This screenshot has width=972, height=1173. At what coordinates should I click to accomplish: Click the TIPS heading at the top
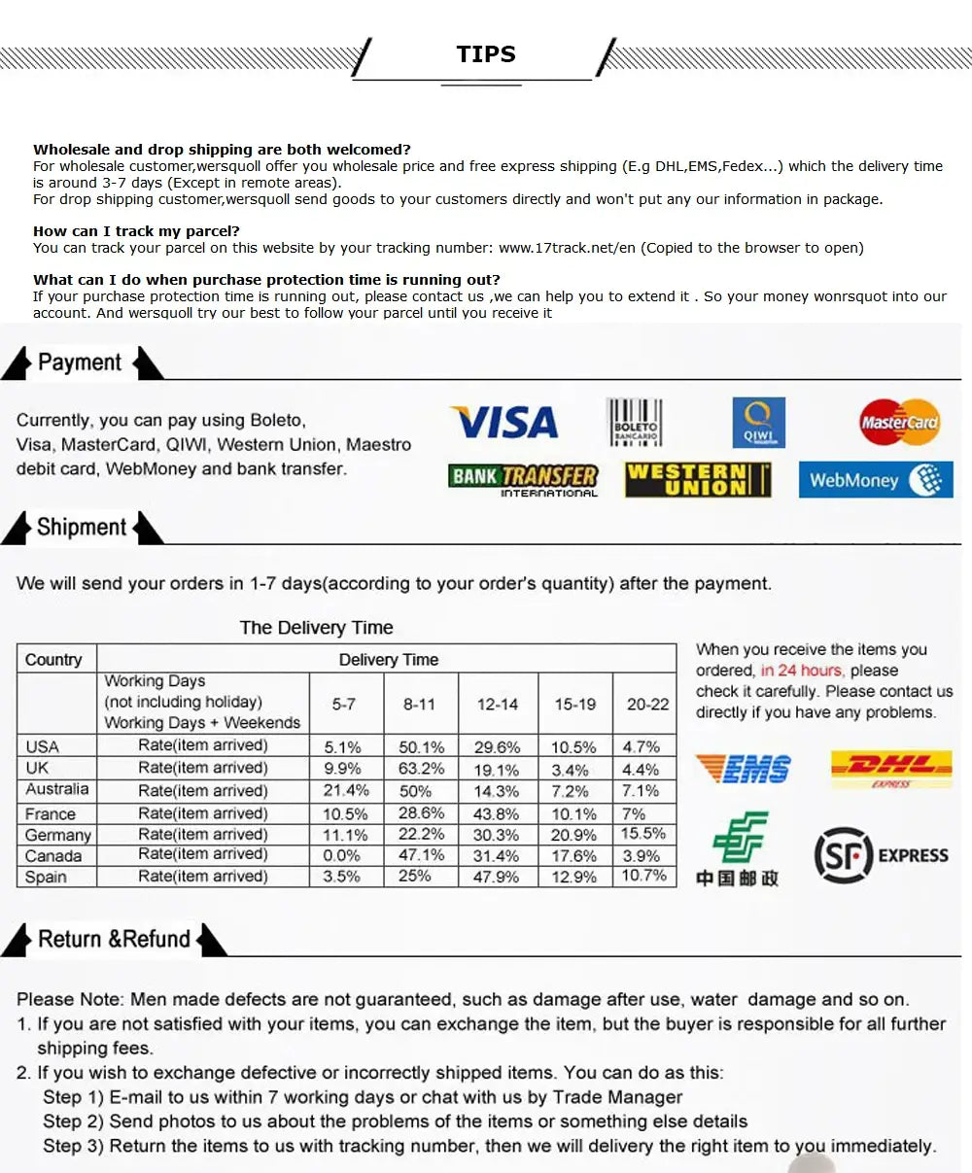coord(486,54)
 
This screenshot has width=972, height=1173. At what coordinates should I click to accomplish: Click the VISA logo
coord(503,423)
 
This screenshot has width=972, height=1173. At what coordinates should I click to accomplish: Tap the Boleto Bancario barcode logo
coord(635,423)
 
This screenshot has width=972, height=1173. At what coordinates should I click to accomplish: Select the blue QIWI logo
coord(758,423)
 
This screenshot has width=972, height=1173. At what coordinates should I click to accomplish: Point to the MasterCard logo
coord(899,423)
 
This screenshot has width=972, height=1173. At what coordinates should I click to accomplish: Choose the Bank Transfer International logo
coord(523,479)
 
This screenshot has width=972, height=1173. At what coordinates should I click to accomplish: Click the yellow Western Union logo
coord(698,480)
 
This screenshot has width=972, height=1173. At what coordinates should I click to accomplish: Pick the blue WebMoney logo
coord(875,480)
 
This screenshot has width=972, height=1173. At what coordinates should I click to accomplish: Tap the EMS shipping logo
coord(743,768)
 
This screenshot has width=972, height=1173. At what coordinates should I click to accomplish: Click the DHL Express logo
coord(890,768)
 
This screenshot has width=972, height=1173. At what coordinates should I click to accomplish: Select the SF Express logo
coord(880,855)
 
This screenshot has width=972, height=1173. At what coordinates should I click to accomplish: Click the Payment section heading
coord(80,362)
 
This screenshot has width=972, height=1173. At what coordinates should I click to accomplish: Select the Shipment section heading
coord(82,528)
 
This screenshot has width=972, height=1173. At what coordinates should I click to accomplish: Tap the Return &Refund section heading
coord(114,940)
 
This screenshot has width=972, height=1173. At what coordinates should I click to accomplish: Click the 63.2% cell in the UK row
coord(421,769)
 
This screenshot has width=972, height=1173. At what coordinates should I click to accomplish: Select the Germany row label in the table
coord(58,835)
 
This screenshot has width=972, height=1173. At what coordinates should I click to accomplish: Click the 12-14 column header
coord(497,704)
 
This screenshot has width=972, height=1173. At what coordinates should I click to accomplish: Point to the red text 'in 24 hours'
coord(802,671)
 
